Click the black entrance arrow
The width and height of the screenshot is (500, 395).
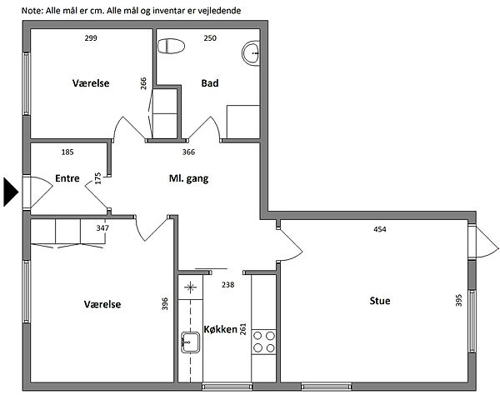(x=11, y=192)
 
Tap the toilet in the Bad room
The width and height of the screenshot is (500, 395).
(x=171, y=46)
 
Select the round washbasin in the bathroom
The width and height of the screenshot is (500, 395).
(x=251, y=53)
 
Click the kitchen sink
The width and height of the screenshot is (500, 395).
(x=190, y=342)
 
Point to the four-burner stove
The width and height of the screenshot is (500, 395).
(x=263, y=342)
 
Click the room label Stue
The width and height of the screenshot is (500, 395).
(x=380, y=301)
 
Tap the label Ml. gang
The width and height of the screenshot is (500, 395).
(x=189, y=179)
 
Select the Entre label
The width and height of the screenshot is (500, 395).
(x=67, y=178)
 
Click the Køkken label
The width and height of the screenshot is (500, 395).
(x=220, y=329)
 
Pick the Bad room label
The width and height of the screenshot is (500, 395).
(x=210, y=83)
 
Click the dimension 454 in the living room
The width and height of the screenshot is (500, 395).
(x=380, y=229)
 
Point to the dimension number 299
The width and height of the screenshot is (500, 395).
(x=91, y=38)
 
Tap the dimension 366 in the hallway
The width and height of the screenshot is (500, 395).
(x=188, y=152)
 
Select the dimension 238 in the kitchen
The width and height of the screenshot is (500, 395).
(x=228, y=285)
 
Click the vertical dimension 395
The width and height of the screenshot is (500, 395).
(x=459, y=300)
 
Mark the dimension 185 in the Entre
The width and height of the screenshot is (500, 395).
(x=67, y=152)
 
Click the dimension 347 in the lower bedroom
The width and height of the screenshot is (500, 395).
(x=102, y=228)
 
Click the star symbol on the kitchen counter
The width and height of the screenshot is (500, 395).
(x=190, y=287)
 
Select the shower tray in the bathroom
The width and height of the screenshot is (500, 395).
(x=243, y=122)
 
